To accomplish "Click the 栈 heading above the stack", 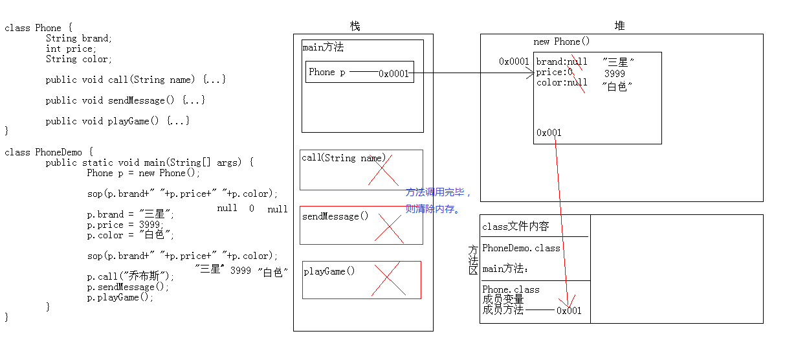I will point(355,27).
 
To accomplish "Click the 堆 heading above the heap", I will point(619,26).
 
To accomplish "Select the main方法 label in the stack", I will point(323,47).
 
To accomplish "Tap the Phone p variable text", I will point(327,72).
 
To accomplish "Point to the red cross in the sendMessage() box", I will point(389,228).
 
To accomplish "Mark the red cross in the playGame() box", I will point(389,279).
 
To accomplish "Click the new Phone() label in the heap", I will point(561,41).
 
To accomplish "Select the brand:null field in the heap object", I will point(562,62).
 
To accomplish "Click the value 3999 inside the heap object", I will point(615,74).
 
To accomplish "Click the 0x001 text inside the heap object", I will point(549,133).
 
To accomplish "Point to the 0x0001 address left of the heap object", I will point(514,62).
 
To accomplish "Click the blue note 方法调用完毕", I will point(439,192).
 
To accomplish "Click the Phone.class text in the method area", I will point(511,289).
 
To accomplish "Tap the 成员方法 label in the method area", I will point(503,310).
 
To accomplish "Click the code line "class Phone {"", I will point(39,28).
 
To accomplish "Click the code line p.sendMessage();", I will point(128,287).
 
